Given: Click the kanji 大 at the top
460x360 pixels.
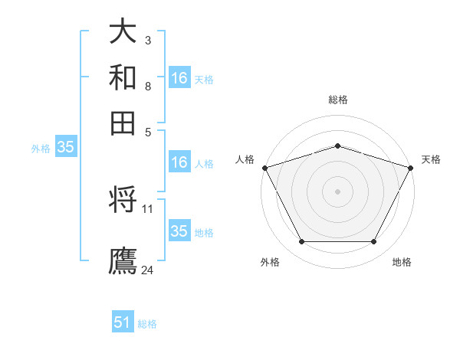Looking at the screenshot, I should coord(123,32).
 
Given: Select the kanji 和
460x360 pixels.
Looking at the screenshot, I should coord(123,78).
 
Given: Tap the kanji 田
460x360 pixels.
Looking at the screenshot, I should coord(123,123).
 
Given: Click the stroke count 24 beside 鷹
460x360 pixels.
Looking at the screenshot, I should coord(148,270).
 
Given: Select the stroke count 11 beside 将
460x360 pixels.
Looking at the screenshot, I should coord(148,208).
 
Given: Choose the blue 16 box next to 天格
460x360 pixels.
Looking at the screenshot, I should coord(179,78).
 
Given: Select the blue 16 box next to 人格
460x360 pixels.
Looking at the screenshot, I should coord(179,162).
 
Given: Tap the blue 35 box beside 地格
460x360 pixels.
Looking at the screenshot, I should coord(179,231).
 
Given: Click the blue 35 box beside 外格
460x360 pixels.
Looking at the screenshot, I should coord(65,148).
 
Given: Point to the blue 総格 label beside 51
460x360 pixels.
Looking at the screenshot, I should coord(147,324).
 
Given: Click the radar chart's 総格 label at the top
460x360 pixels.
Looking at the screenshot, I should coord(337,100).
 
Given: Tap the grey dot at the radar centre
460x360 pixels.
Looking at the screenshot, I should coord(337,191).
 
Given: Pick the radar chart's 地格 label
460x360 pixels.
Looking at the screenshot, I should coord(402,263).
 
